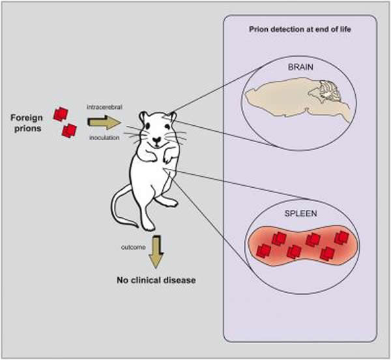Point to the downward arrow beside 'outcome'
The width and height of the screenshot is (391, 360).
pos(156,250)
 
